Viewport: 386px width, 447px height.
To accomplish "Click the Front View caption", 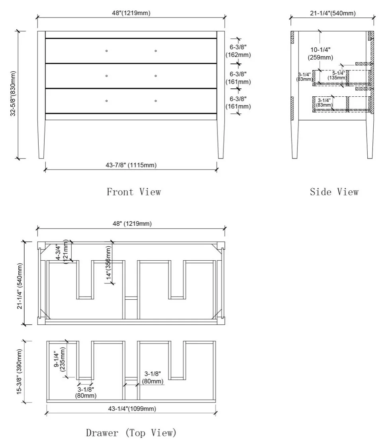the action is pyautogui.click(x=134, y=192).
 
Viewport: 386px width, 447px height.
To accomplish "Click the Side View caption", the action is pyautogui.click(x=334, y=192).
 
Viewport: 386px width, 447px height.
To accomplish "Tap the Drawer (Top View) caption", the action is pyautogui.click(x=131, y=433).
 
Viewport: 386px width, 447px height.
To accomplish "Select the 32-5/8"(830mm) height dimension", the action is pyautogui.click(x=13, y=94).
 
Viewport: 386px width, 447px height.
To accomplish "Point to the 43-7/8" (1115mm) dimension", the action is pyautogui.click(x=131, y=165).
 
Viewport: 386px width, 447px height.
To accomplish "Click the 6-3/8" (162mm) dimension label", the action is pyautogui.click(x=238, y=51).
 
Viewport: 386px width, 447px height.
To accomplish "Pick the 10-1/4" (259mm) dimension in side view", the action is pyautogui.click(x=320, y=54).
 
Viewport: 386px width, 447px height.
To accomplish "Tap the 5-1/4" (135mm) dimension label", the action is pyautogui.click(x=337, y=76).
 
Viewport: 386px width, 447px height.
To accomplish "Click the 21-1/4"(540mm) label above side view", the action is pyautogui.click(x=333, y=13).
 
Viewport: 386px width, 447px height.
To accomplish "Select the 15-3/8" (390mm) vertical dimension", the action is pyautogui.click(x=19, y=372).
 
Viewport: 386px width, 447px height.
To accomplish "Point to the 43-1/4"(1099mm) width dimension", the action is pyautogui.click(x=132, y=408).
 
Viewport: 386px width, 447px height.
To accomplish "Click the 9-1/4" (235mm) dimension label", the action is pyautogui.click(x=60, y=359).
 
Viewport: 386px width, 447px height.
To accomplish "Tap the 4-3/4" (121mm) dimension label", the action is pyautogui.click(x=62, y=252).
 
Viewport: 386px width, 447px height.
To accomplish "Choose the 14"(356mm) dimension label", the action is pyautogui.click(x=108, y=263).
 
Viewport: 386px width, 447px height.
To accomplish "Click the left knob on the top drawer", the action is pyautogui.click(x=107, y=51).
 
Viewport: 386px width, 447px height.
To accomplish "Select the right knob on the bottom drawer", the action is pyautogui.click(x=156, y=101).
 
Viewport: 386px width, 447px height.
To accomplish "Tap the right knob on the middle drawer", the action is pyautogui.click(x=156, y=76).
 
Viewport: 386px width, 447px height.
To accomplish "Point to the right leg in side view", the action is pyautogui.click(x=370, y=139).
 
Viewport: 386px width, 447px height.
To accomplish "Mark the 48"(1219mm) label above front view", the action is pyautogui.click(x=131, y=13).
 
